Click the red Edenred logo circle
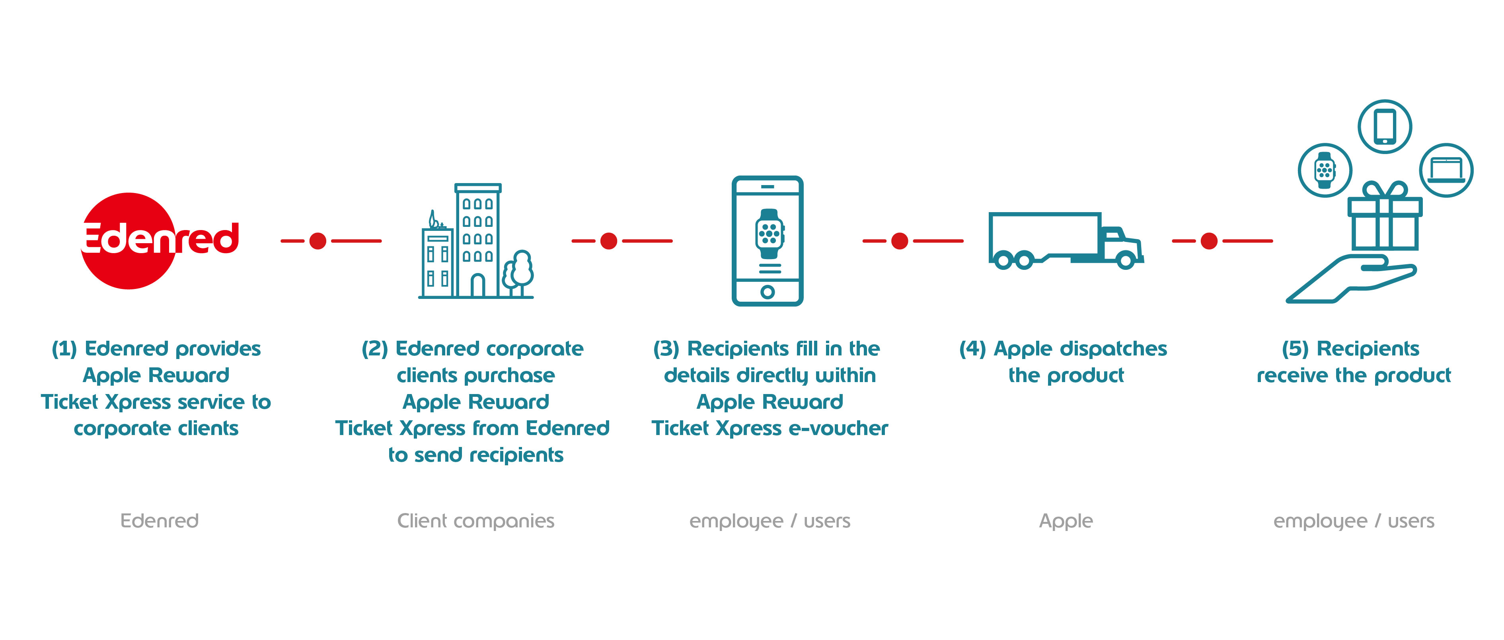point(129,240)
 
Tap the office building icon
point(467,242)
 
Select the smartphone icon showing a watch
point(767,240)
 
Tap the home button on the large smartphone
point(767,291)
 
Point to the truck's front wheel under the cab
point(1125,260)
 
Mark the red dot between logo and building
point(318,240)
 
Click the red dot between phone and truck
point(899,240)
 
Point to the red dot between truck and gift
point(1209,240)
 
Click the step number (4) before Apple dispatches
point(972,349)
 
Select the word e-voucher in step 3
point(838,429)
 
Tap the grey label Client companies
point(475,520)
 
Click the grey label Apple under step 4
point(1066,520)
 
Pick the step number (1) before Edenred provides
point(64,349)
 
